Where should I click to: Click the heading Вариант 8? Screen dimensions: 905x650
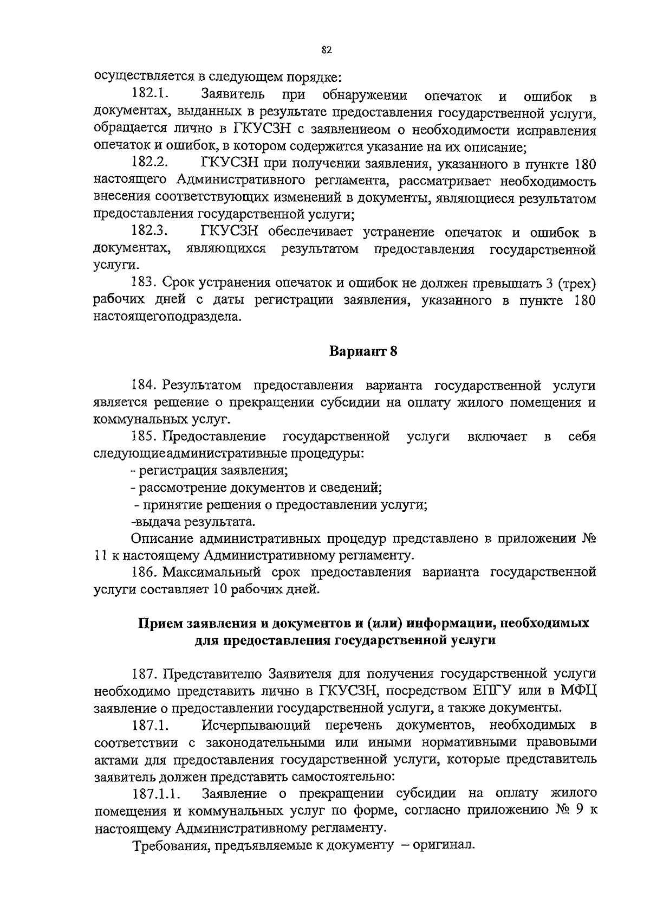coord(363,351)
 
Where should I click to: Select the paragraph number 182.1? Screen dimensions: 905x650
coord(149,95)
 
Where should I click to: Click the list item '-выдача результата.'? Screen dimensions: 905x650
coord(193,522)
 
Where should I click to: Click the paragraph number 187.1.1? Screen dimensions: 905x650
coord(157,793)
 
